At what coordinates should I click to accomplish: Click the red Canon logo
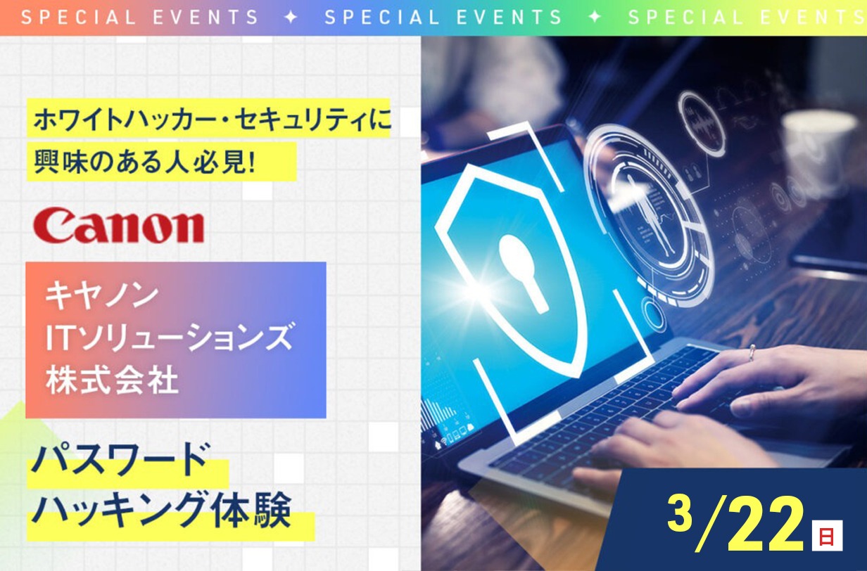pos(118,225)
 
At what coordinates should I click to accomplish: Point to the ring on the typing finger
pos(752,352)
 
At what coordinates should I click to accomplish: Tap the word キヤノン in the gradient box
pos(102,295)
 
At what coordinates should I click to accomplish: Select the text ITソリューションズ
pos(169,338)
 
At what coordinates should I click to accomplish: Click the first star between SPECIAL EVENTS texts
pos(291,17)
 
